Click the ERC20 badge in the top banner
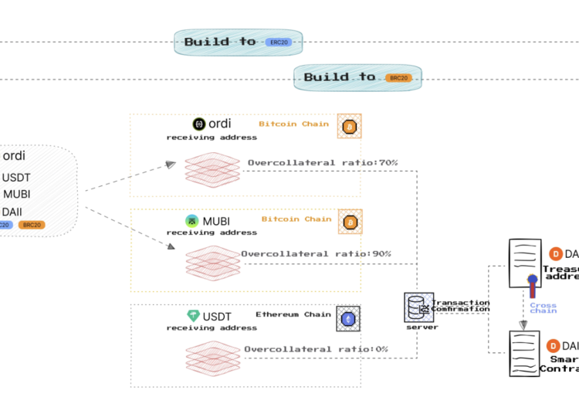point(278,42)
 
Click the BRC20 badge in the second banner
point(398,77)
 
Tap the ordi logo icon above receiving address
point(198,124)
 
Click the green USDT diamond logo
point(193,316)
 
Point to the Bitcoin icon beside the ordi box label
point(349,126)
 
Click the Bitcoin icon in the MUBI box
point(350,222)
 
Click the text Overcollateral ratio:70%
point(322,163)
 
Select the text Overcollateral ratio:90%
point(316,254)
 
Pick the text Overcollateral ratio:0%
point(316,349)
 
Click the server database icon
point(416,307)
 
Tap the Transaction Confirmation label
point(460,306)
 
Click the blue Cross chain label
point(543,307)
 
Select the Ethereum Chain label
point(293,314)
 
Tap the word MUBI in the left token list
point(16,194)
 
